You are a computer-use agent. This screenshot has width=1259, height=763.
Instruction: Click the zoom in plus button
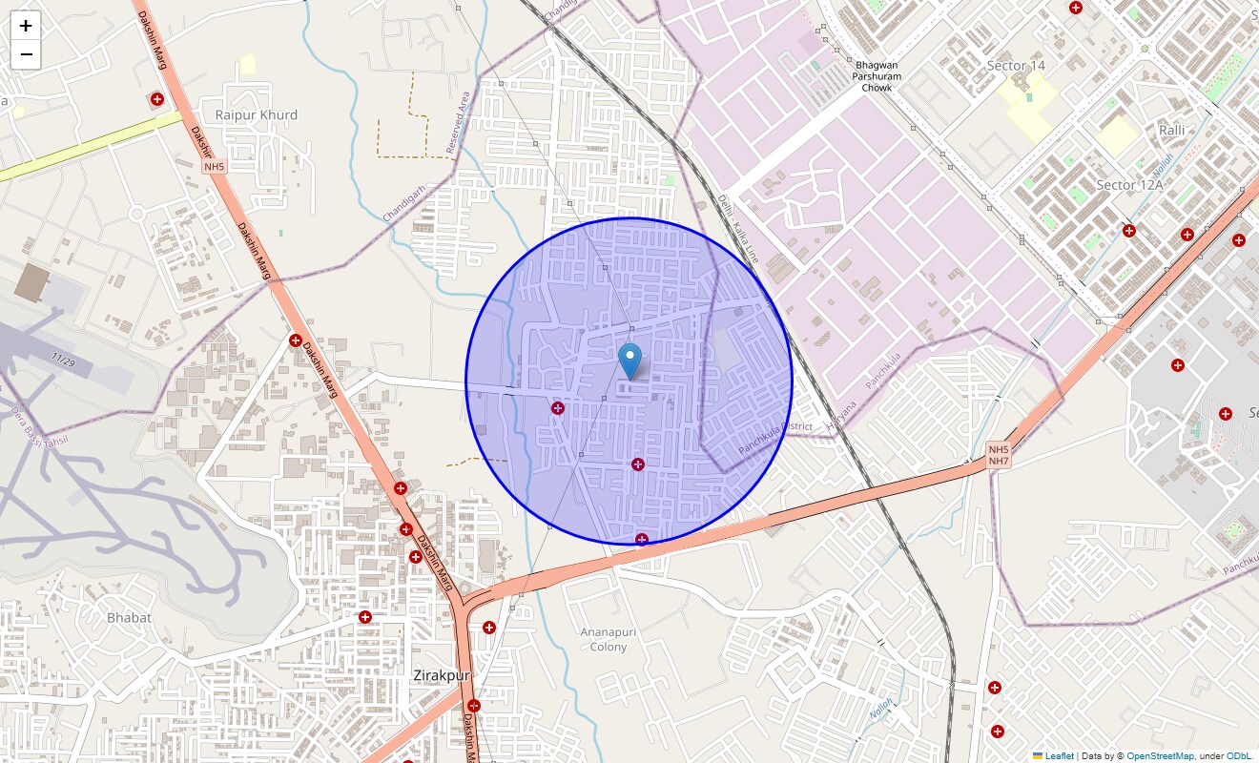[26, 26]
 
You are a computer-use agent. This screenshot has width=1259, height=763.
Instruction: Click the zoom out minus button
[26, 54]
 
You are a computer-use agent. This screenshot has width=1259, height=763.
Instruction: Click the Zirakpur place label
[442, 675]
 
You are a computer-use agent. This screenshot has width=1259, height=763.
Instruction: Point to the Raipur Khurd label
[256, 114]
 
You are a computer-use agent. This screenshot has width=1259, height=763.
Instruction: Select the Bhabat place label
[129, 617]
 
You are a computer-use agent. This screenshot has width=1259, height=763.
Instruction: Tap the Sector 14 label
[1016, 66]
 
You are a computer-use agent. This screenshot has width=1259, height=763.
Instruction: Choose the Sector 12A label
[1129, 185]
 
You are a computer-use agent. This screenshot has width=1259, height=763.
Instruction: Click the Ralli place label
[1171, 130]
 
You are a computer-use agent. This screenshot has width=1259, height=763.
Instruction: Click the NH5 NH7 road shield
[998, 455]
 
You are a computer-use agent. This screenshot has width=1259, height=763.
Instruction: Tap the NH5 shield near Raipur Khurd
[214, 167]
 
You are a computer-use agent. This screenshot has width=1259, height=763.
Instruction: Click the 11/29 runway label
[63, 360]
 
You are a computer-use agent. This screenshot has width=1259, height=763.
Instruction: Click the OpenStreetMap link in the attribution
[1160, 756]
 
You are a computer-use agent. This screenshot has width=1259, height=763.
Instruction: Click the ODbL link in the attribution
[1239, 756]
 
